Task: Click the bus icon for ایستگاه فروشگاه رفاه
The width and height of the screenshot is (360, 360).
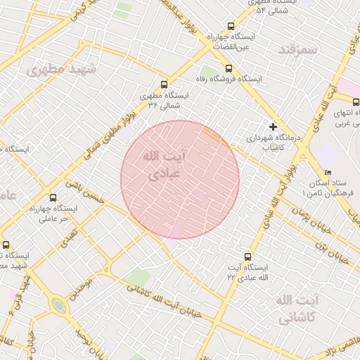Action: (x=229, y=68)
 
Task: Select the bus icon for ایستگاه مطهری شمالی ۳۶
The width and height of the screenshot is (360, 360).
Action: (x=165, y=84)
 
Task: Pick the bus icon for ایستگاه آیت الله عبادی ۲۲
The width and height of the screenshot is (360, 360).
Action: (x=247, y=257)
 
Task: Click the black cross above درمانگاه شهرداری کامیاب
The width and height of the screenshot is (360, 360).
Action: (x=273, y=127)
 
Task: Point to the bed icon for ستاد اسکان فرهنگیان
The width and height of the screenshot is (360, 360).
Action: (x=328, y=173)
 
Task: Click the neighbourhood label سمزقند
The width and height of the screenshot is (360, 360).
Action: (x=299, y=50)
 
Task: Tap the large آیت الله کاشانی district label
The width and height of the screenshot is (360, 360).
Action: (x=298, y=309)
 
